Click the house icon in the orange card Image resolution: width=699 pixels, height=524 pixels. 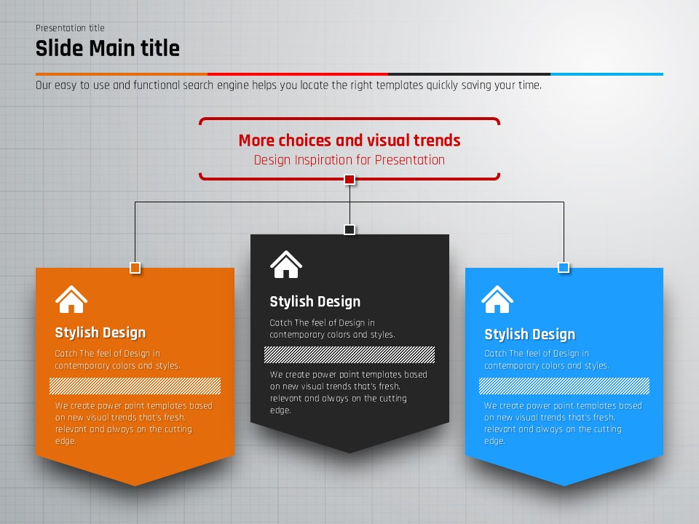tap(71, 299)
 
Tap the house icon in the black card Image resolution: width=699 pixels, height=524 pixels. tap(286, 265)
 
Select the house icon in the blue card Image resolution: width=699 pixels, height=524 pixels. tap(497, 299)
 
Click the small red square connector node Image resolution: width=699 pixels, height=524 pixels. tap(349, 180)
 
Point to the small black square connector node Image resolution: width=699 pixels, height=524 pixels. tap(349, 229)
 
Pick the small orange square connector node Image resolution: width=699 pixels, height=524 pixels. tap(135, 268)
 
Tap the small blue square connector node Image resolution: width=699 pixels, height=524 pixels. tap(564, 267)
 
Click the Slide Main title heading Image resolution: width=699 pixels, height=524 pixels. tap(108, 48)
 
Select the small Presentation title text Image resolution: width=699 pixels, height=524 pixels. tap(70, 28)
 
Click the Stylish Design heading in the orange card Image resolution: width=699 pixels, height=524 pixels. tap(100, 333)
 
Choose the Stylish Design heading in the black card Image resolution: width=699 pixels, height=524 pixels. tap(315, 301)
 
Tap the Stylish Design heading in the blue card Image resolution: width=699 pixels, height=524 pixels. tap(529, 334)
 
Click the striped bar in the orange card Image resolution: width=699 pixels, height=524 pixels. tap(135, 386)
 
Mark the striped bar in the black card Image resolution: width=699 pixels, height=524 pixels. tap(349, 354)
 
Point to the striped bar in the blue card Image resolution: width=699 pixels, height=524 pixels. tap(564, 386)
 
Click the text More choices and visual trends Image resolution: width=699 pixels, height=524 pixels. tap(349, 140)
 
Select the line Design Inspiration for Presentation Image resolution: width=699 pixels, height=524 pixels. tap(349, 160)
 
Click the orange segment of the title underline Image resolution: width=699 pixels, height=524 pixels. tap(122, 74)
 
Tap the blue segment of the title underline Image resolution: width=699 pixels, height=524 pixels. tap(607, 74)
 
